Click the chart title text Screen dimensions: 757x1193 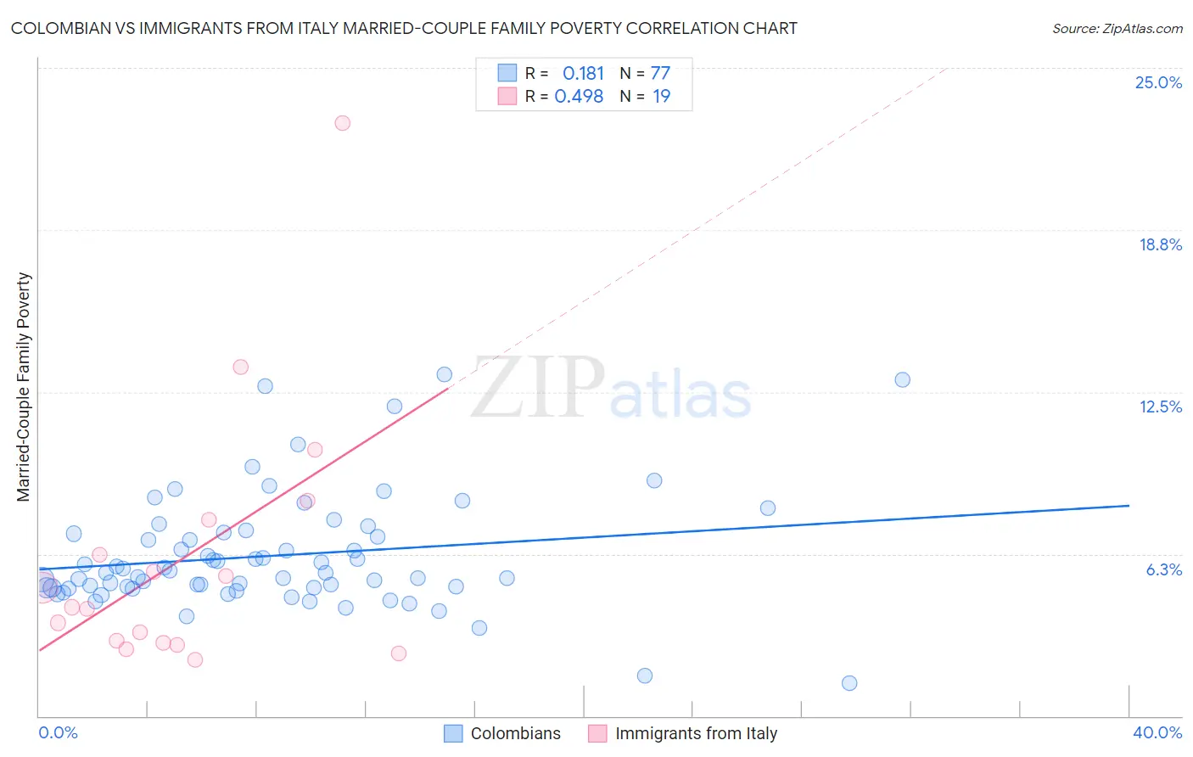[x=404, y=28]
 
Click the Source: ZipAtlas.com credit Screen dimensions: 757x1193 [x=1117, y=28]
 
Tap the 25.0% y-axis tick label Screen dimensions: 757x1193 [x=1158, y=82]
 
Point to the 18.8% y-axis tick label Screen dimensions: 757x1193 [x=1160, y=244]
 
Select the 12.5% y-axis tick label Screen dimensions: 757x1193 [x=1160, y=407]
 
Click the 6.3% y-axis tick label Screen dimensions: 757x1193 [x=1163, y=569]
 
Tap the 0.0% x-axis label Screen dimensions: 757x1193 [x=58, y=732]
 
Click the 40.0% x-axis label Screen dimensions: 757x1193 [x=1157, y=732]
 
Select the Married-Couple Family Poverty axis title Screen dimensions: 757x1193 [x=24, y=387]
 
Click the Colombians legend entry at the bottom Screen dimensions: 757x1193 [x=515, y=733]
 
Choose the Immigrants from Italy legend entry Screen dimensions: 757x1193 [x=696, y=733]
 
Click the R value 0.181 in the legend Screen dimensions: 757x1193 [x=583, y=74]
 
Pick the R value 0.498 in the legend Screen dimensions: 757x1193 [x=579, y=97]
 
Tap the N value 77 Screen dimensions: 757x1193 [x=660, y=74]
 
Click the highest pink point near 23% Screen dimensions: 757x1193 [x=343, y=123]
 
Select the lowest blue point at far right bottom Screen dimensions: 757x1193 [x=849, y=683]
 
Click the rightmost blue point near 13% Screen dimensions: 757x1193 [x=903, y=379]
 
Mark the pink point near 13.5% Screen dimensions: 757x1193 [x=241, y=367]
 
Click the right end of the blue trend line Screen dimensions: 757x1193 [x=1129, y=506]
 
